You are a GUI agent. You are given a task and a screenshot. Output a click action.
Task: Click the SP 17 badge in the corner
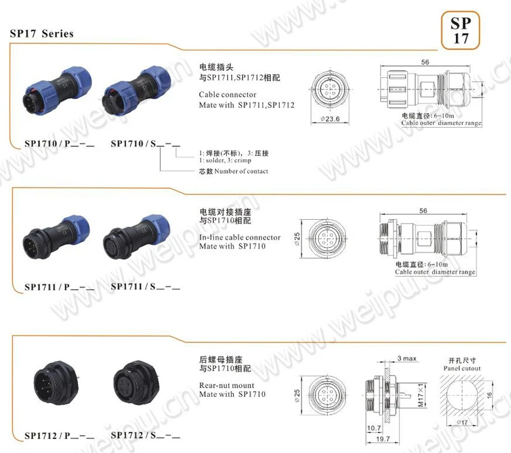tap(461, 30)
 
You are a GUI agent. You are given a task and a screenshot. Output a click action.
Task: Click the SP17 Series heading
tap(42, 33)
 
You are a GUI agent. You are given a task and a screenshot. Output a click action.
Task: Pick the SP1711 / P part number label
tap(59, 288)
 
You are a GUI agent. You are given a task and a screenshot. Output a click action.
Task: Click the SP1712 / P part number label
tap(59, 436)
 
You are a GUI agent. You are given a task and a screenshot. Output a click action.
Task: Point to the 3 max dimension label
tap(406, 358)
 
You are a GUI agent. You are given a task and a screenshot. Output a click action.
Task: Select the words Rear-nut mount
tap(227, 385)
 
